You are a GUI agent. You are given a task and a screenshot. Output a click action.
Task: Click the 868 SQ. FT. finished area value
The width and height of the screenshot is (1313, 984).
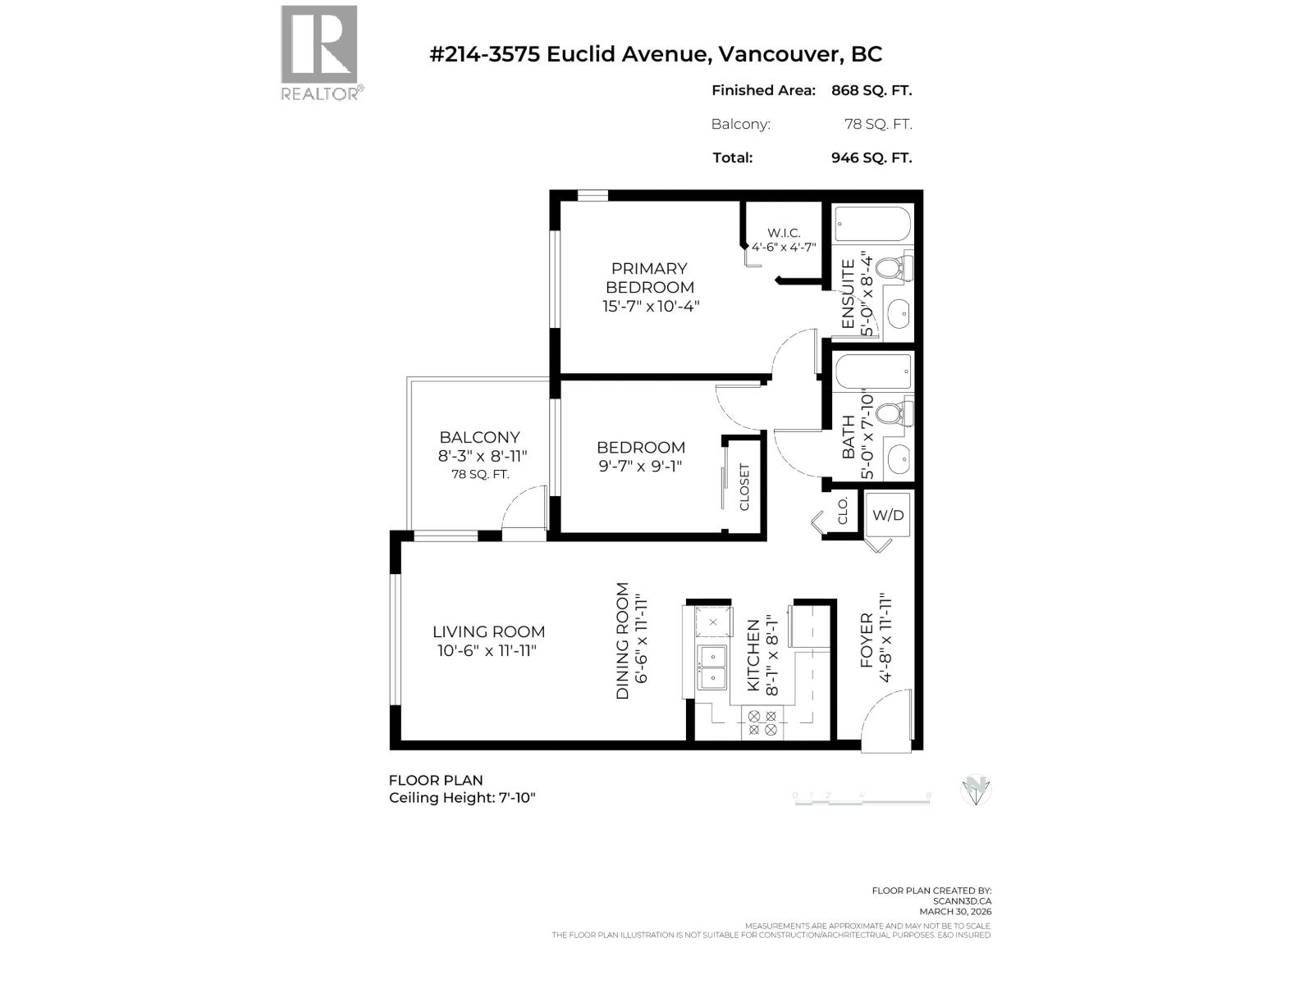click(x=871, y=90)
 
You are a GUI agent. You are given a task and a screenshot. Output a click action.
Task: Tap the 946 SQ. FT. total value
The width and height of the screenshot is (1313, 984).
click(x=871, y=157)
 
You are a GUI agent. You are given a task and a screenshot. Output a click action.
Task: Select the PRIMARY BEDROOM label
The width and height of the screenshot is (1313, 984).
click(x=649, y=277)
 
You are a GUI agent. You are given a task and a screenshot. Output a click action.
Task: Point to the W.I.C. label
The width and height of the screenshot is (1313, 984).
click(x=784, y=233)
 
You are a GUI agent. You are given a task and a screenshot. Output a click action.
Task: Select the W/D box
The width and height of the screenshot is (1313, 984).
click(x=888, y=514)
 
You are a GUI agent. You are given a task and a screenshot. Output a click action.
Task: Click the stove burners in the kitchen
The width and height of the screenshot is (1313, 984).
click(x=762, y=722)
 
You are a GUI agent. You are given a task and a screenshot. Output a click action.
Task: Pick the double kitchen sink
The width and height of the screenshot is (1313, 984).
click(x=711, y=667)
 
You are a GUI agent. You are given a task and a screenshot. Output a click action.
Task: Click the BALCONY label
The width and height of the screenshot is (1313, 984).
click(x=479, y=437)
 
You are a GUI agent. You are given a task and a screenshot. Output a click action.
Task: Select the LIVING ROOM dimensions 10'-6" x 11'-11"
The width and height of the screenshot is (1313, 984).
click(x=488, y=651)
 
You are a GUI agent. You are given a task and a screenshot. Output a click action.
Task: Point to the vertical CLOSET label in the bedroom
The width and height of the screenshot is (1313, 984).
click(x=745, y=487)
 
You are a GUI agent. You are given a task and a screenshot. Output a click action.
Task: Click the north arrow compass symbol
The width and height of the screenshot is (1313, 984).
click(x=976, y=789)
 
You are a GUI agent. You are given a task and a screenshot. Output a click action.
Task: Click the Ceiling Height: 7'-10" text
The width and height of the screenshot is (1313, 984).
click(x=462, y=798)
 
